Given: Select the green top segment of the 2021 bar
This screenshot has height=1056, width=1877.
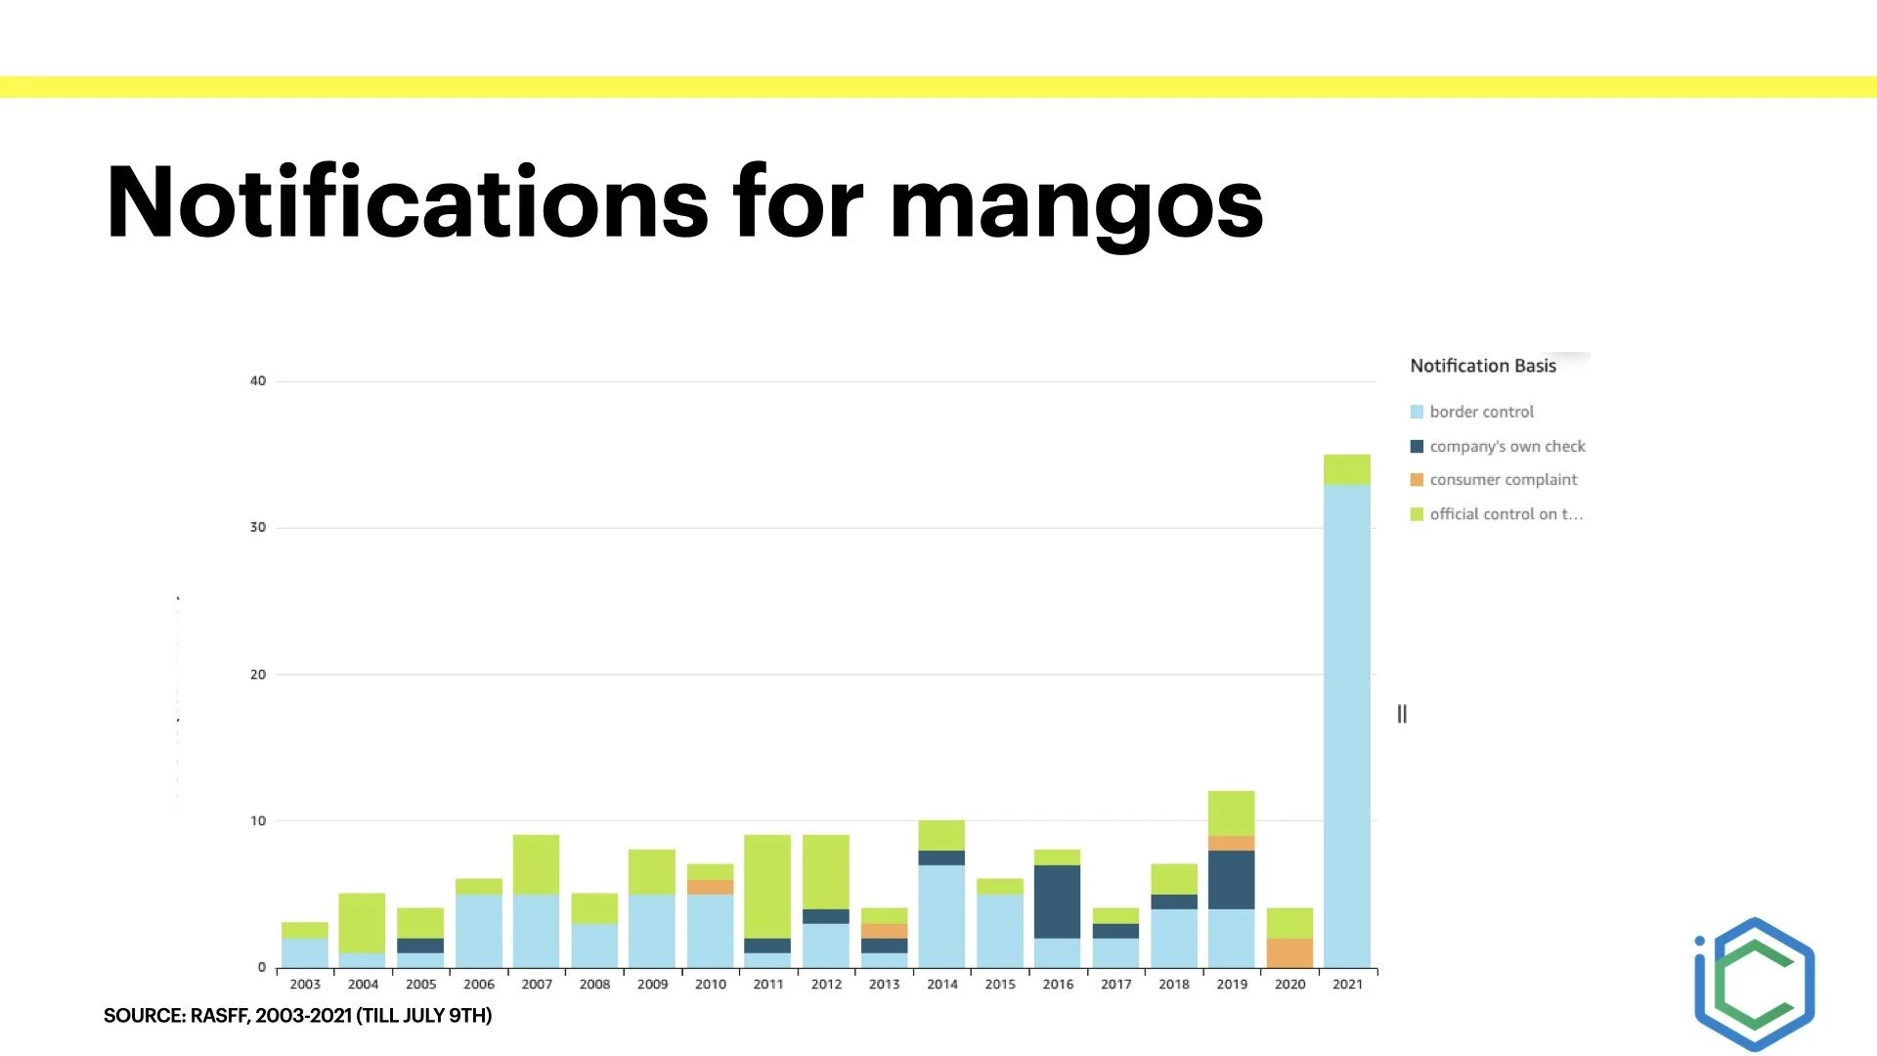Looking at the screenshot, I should pos(1346,469).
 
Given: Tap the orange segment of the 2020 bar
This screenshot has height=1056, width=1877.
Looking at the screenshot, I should pos(1289,952).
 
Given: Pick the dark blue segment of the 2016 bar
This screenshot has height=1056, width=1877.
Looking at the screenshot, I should pos(1058,902).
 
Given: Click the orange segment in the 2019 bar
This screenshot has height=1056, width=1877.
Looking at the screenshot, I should pos(1231,843).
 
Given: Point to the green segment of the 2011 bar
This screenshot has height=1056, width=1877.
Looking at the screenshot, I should pos(767,886).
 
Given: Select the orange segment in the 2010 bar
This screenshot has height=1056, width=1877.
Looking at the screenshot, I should pos(710,887).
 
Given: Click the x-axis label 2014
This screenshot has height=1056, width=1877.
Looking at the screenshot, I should pos(941,985).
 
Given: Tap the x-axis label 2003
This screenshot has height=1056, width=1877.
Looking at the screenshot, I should pos(304,985).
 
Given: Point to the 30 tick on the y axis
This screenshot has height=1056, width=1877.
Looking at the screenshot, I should pos(257,527).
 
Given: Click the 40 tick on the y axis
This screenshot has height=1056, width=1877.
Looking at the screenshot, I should pos(257,380).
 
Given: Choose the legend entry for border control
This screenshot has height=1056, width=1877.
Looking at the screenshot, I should pos(1481,412).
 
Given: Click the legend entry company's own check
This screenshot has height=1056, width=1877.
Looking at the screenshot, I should pos(1506,446).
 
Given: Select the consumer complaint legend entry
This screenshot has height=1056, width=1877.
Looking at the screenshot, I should pos(1503,479).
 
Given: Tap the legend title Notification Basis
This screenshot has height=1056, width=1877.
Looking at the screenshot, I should pos(1482,366).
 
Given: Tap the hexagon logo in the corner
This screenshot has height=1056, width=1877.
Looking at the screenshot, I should pos(1755,984).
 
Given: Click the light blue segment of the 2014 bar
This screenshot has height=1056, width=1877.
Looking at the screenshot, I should pos(941,915).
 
